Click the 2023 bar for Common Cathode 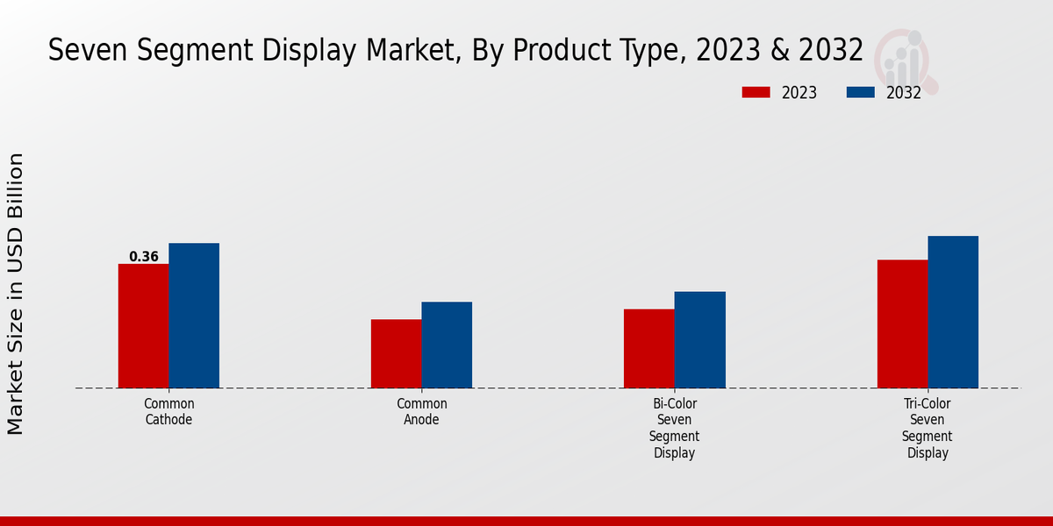pyautogui.click(x=143, y=326)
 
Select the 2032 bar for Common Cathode pyautogui.click(x=194, y=316)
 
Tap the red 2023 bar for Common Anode pyautogui.click(x=396, y=353)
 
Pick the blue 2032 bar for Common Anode pyautogui.click(x=447, y=345)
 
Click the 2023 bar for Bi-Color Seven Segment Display pyautogui.click(x=649, y=348)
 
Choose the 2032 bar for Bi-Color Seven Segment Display pyautogui.click(x=700, y=339)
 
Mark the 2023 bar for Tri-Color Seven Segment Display pyautogui.click(x=902, y=323)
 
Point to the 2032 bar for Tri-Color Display pyautogui.click(x=953, y=312)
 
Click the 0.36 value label pyautogui.click(x=144, y=257)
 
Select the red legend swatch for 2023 pyautogui.click(x=756, y=92)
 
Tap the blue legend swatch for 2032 pyautogui.click(x=860, y=92)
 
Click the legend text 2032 pyautogui.click(x=904, y=93)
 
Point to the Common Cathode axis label pyautogui.click(x=169, y=412)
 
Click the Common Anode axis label pyautogui.click(x=422, y=412)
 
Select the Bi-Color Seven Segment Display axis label pyautogui.click(x=675, y=429)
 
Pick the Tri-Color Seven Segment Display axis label pyautogui.click(x=928, y=429)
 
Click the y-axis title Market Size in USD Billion pyautogui.click(x=17, y=294)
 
